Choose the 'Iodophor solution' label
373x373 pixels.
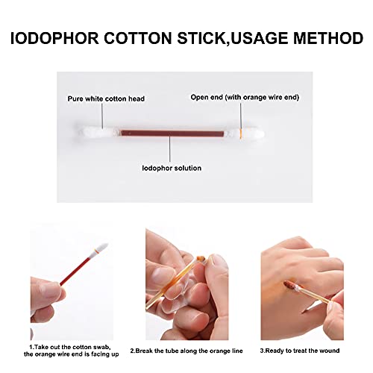pos(171,168)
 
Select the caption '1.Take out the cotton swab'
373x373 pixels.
pos(71,347)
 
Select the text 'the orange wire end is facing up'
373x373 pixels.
pos(71,355)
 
